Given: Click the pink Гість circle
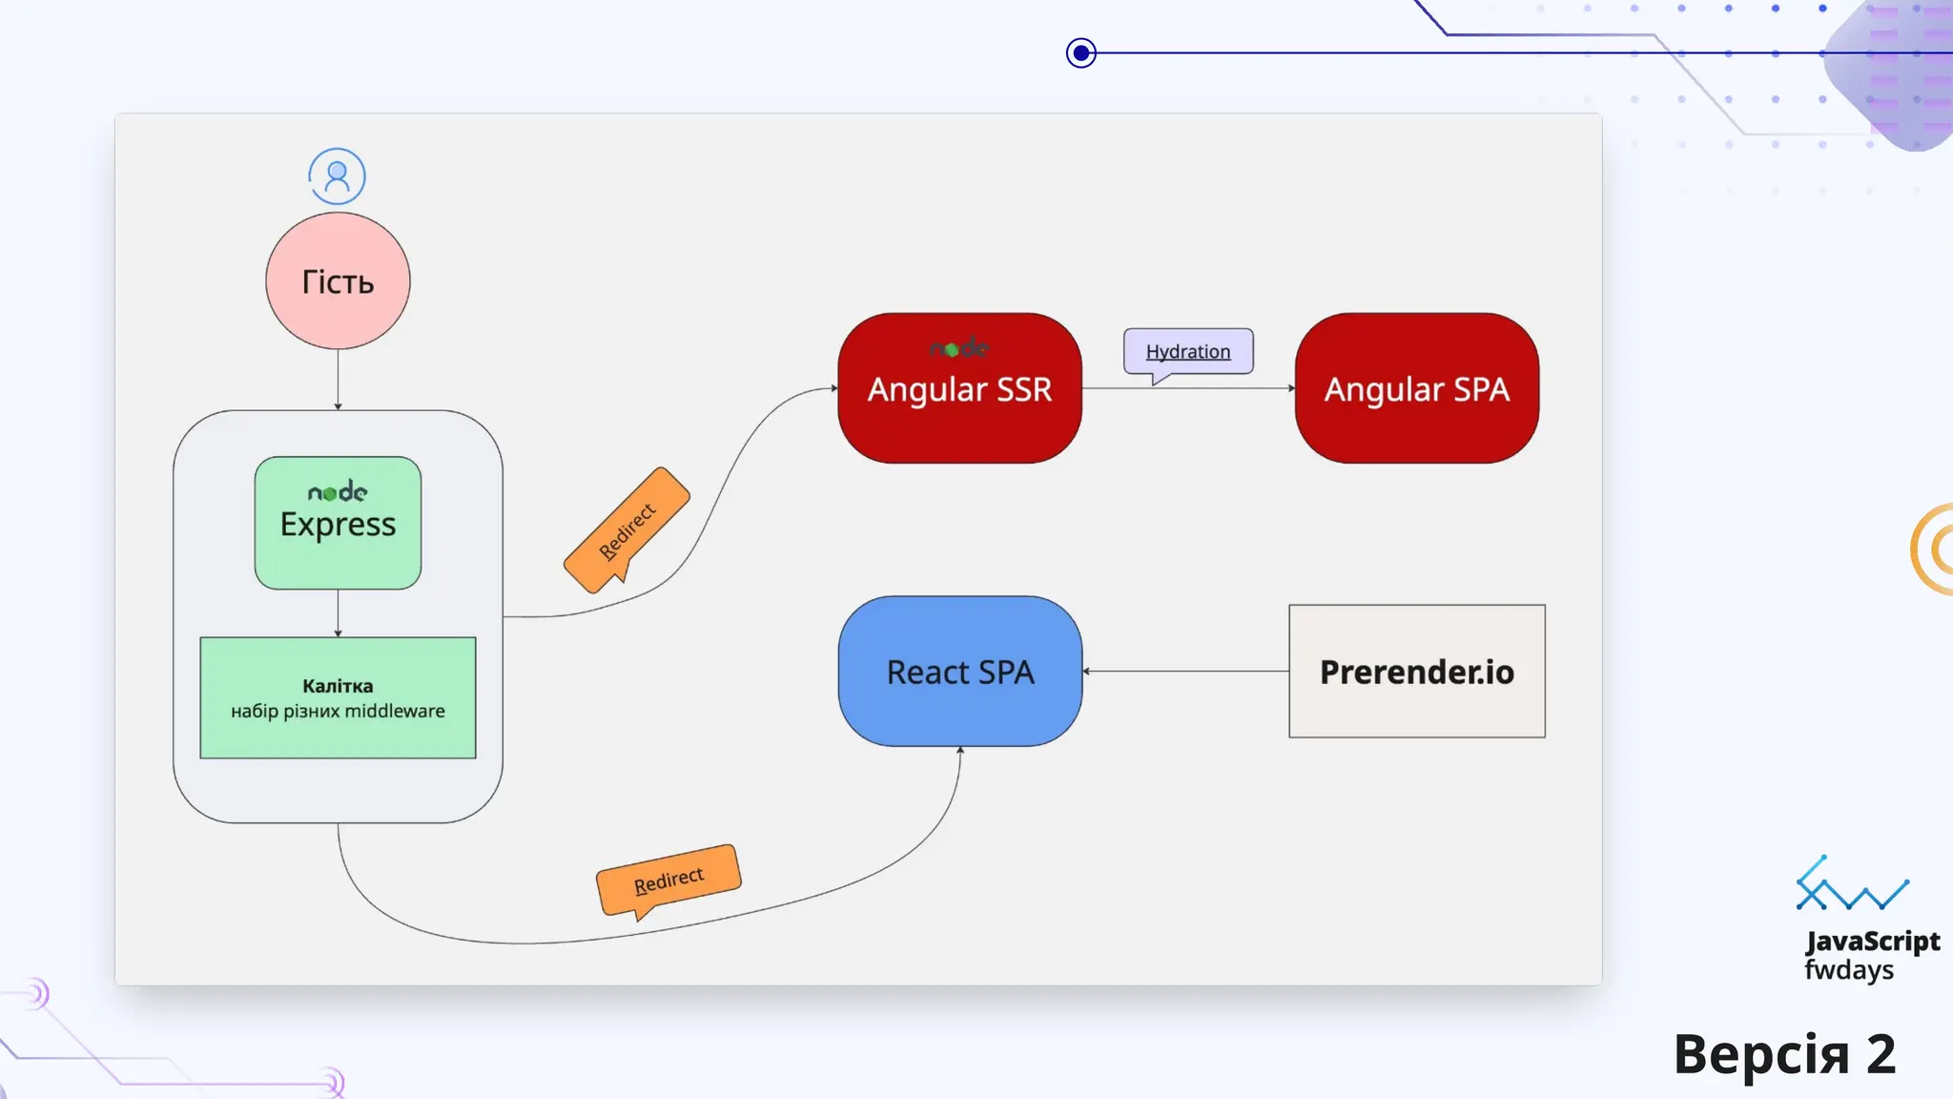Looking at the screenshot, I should [338, 280].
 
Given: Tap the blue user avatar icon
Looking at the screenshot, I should [337, 176].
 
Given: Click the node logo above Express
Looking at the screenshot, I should [338, 492].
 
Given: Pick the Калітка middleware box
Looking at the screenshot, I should [338, 697].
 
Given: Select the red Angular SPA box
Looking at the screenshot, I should [1416, 388].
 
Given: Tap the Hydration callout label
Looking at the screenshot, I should [1188, 352].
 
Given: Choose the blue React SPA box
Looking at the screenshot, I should [960, 672].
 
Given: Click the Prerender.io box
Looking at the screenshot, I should [1416, 672].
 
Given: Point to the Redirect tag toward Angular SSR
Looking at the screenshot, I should [627, 530].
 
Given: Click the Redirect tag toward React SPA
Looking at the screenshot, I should [668, 879].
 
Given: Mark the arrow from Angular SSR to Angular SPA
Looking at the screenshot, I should [1188, 388].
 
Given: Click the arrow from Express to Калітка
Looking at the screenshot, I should [338, 612].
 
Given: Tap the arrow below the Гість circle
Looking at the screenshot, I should [338, 380].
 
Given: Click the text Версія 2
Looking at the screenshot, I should [1784, 1054].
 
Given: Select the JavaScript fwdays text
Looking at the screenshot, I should [1871, 955].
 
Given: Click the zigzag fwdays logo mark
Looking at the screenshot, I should [1851, 884].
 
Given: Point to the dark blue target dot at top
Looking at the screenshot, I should [1080, 52].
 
